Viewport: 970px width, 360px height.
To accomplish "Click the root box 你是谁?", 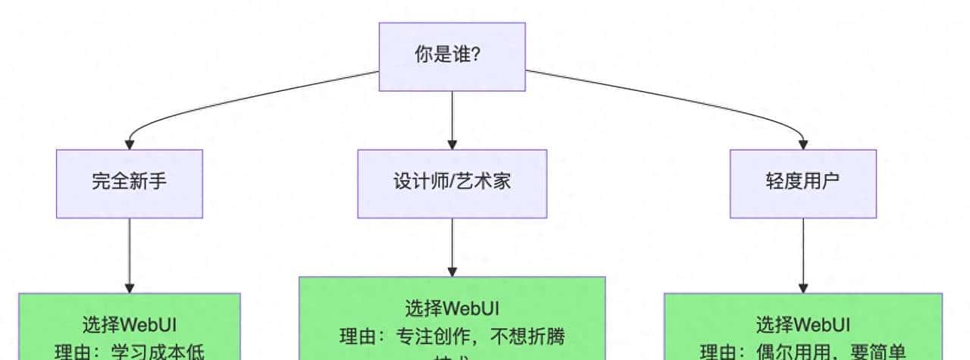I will pos(452,56).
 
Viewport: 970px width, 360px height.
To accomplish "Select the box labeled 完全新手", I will pos(130,183).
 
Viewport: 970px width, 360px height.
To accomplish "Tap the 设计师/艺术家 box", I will pos(452,183).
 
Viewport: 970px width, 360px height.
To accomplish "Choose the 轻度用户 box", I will pos(803,183).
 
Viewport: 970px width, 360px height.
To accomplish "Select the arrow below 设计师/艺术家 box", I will pos(452,247).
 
